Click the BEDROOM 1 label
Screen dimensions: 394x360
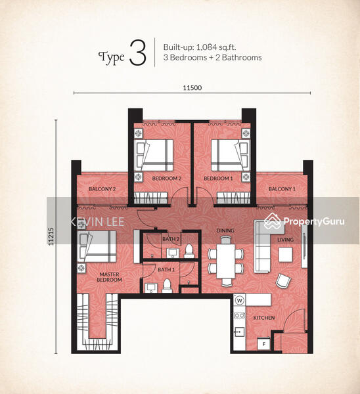[218, 179]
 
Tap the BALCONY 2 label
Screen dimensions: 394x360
[102, 190]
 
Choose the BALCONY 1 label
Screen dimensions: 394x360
[281, 189]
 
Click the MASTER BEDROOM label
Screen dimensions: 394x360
[110, 277]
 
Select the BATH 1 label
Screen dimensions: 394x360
[166, 269]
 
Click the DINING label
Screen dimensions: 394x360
[225, 230]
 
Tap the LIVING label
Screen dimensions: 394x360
[285, 240]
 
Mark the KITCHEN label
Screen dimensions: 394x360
[263, 318]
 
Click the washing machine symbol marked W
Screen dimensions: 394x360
[239, 301]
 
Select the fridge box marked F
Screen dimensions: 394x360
[263, 343]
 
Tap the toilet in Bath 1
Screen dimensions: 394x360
[168, 284]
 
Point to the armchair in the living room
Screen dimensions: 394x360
[282, 280]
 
